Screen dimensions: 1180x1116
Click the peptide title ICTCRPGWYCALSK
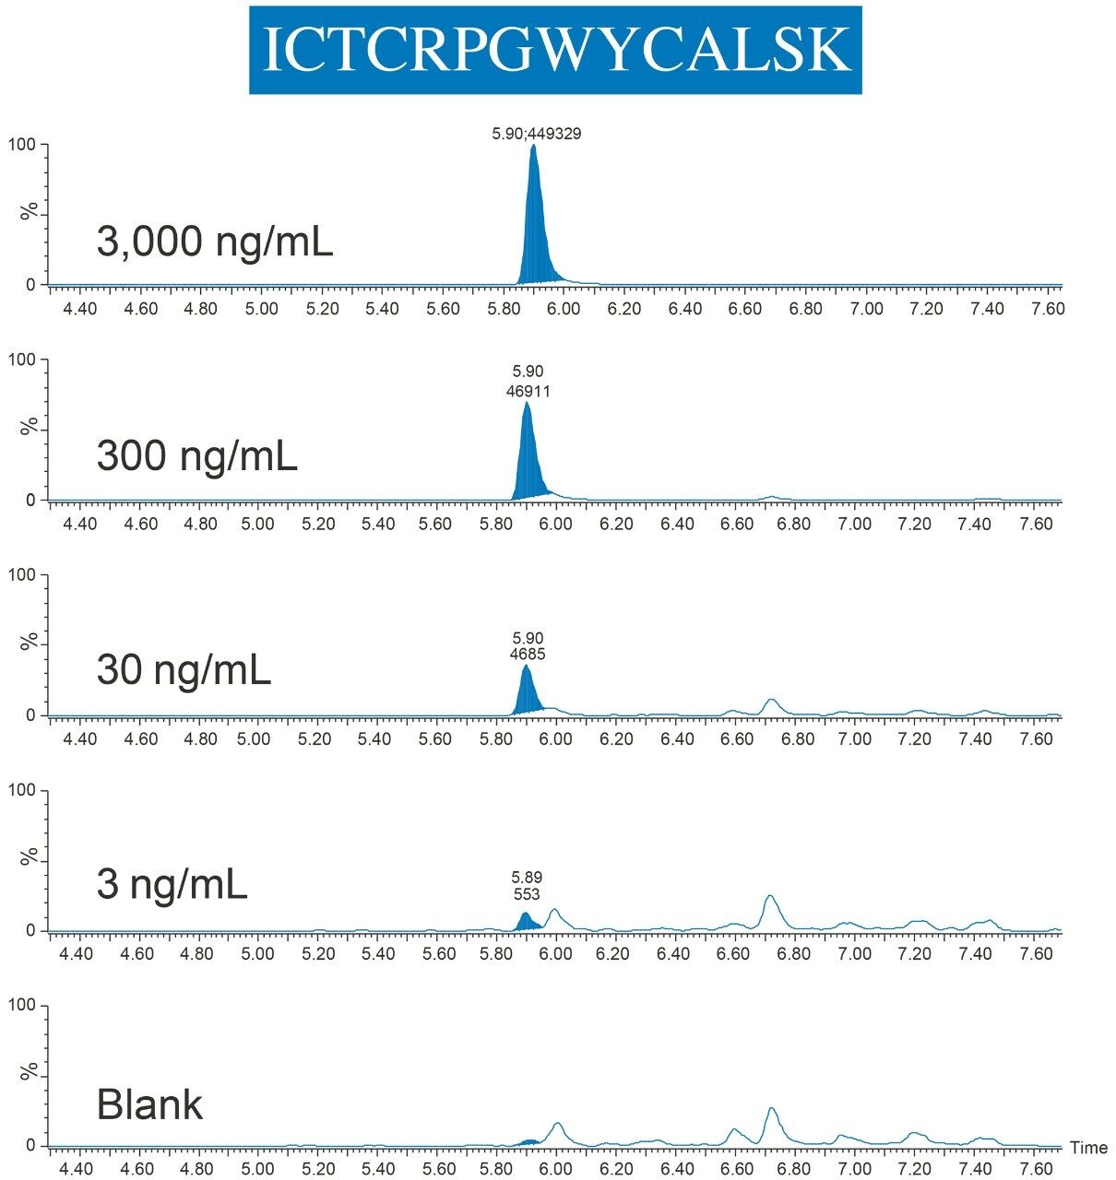coord(555,50)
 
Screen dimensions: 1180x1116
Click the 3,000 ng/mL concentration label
coord(214,242)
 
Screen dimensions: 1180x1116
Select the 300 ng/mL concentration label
coord(196,455)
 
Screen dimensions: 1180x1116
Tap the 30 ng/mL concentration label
coord(184,670)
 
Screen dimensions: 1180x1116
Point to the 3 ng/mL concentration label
coord(172,885)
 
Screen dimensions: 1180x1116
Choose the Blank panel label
coord(149,1103)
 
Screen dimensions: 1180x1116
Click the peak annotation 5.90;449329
coord(536,134)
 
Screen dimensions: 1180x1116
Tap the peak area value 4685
coord(528,655)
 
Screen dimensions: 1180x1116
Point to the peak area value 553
coord(526,894)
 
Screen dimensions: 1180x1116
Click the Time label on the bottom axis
coord(1088,1148)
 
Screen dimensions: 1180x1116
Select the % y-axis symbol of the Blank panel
coord(30,1074)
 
